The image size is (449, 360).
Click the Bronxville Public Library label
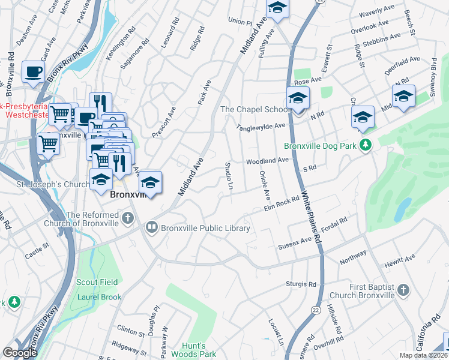[x=206, y=228]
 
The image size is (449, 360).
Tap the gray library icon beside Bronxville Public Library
[x=151, y=227]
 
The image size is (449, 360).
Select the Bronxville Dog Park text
[x=321, y=145]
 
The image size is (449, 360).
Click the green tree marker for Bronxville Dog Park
[x=365, y=145]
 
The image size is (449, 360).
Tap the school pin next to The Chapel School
[x=298, y=99]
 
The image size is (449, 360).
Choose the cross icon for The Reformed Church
[x=127, y=219]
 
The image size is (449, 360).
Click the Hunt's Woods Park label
[x=198, y=350]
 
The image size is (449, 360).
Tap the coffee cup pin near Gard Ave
[x=33, y=72]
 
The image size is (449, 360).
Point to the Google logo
[x=20, y=353]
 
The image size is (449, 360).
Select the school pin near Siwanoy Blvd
[x=403, y=97]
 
